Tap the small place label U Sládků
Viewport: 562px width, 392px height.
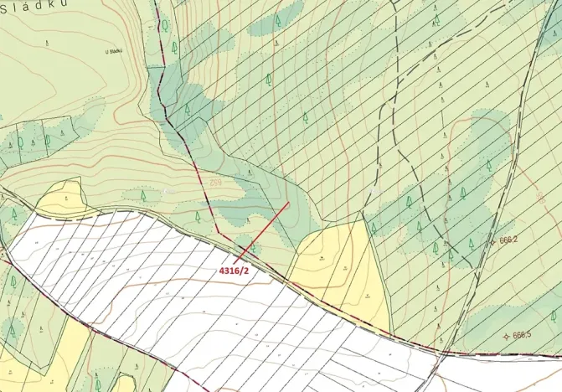[114, 51]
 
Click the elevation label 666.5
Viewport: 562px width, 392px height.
[522, 335]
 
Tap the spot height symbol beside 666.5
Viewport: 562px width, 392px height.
[504, 335]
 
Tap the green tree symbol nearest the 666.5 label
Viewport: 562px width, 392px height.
[554, 316]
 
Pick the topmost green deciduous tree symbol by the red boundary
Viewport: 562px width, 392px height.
[166, 25]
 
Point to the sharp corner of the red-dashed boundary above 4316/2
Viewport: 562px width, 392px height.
[218, 232]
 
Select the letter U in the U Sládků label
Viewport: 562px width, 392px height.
[107, 51]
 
